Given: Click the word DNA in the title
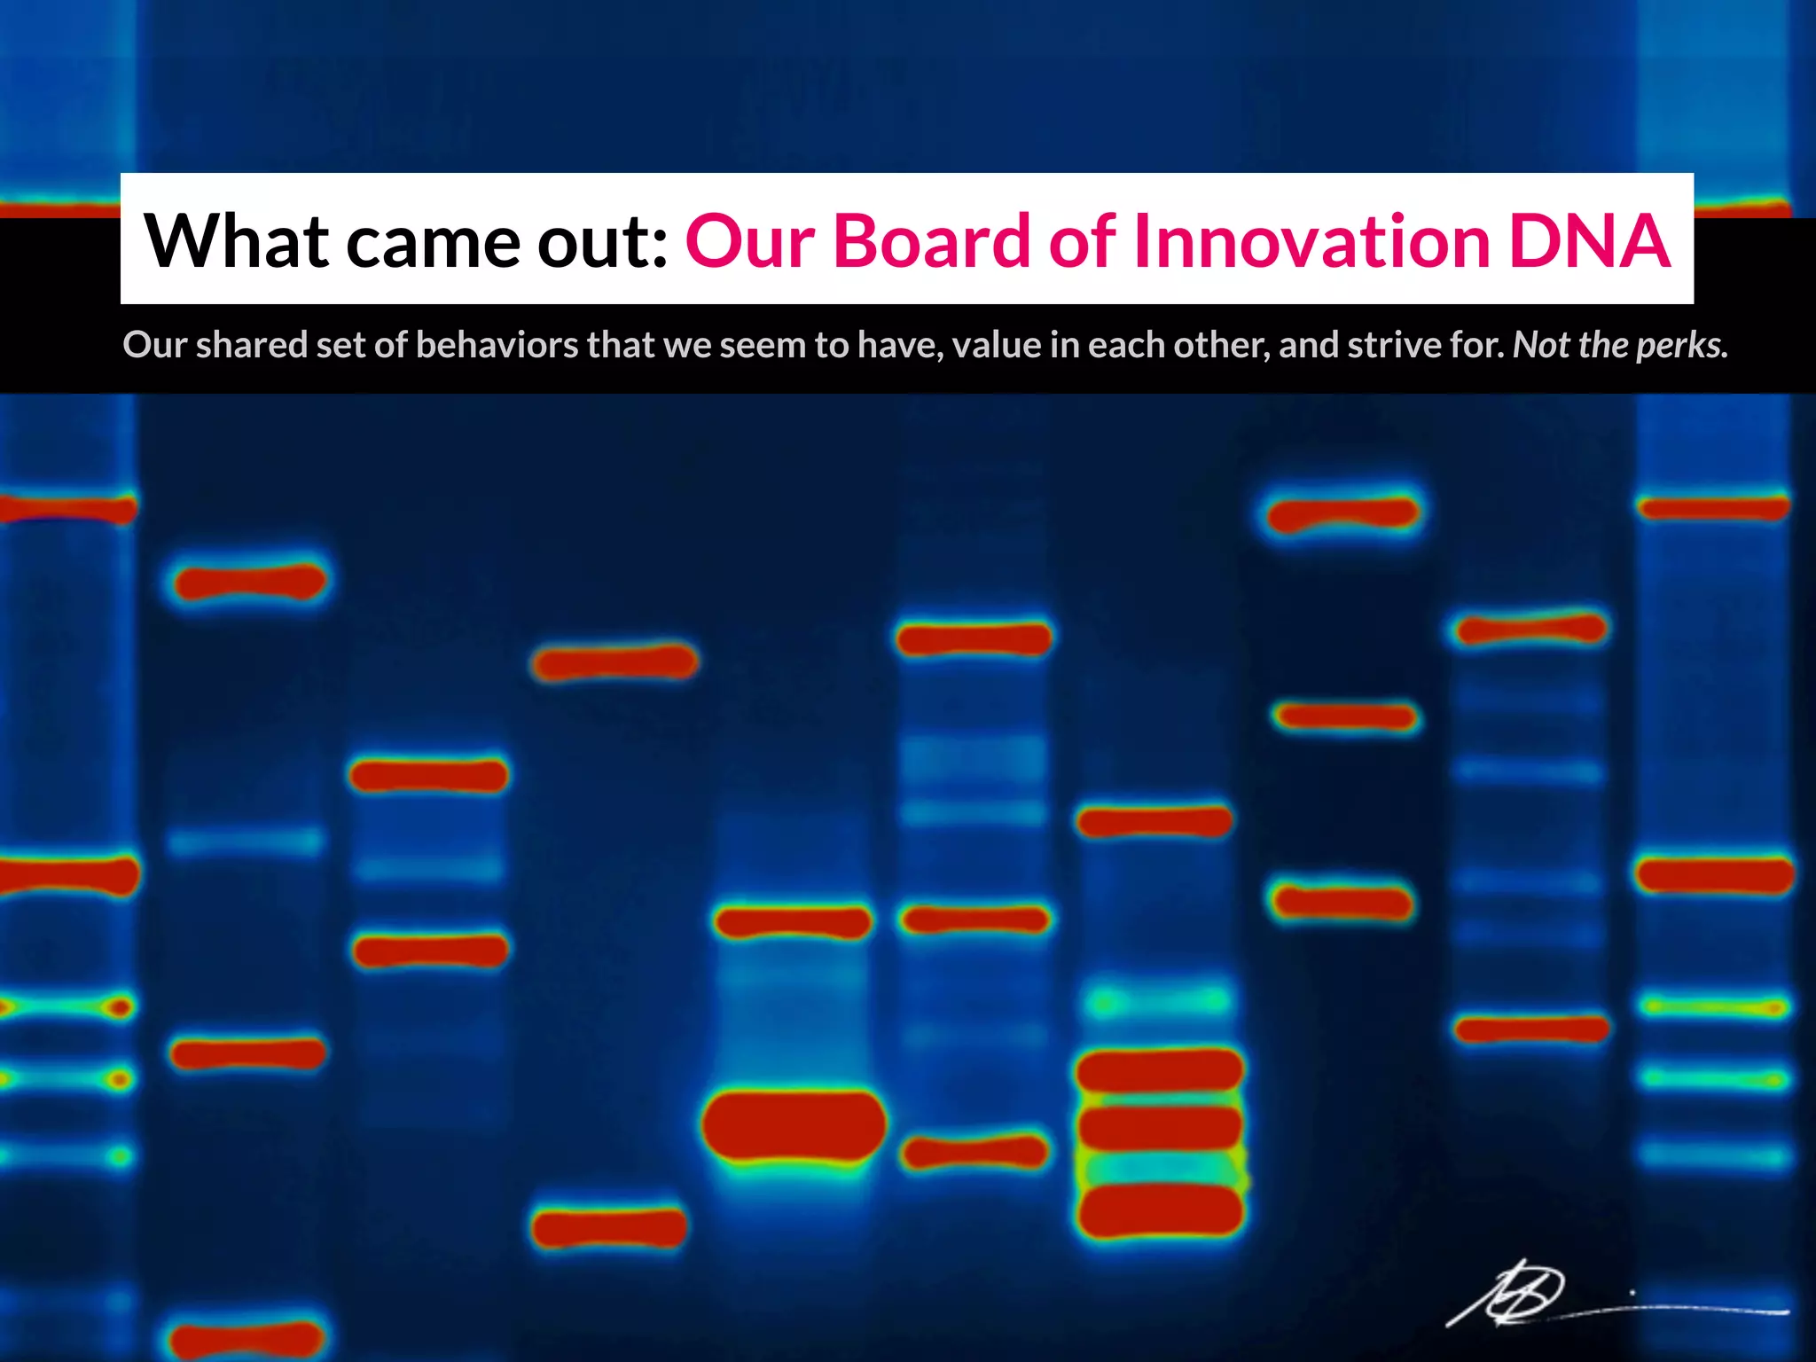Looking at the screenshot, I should [x=1589, y=241].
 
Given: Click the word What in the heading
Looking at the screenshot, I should [x=237, y=241].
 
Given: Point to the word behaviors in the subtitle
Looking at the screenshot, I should [x=497, y=345].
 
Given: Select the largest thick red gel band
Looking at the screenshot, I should [x=794, y=1124].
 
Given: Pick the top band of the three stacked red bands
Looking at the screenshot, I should [x=1160, y=1070].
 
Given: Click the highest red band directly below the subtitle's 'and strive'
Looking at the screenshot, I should [x=1342, y=513].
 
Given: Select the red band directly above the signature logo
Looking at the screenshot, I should [x=1531, y=1029].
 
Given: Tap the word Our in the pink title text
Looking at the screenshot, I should [x=749, y=241].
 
